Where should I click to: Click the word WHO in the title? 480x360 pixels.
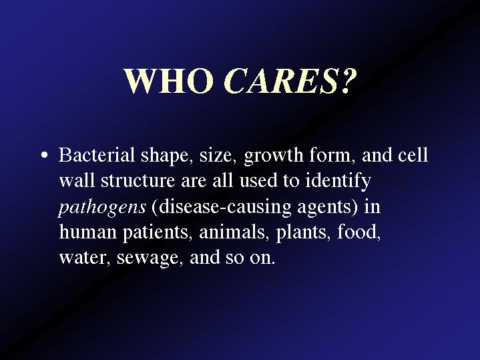point(169,81)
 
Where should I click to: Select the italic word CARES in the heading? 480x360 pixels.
point(280,81)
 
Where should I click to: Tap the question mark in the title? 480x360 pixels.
point(348,80)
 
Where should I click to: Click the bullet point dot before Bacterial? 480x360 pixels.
point(44,155)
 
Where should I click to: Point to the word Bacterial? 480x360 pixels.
point(97,155)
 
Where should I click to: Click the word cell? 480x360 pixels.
point(413,155)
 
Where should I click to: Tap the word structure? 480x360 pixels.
point(138,181)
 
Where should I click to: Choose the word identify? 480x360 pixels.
point(338,182)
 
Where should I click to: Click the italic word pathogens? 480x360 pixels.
point(102,208)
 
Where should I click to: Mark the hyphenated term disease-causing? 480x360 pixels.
point(225,208)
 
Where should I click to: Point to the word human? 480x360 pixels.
point(88,232)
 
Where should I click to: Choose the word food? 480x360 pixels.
point(358,232)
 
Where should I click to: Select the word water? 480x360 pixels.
point(84,258)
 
